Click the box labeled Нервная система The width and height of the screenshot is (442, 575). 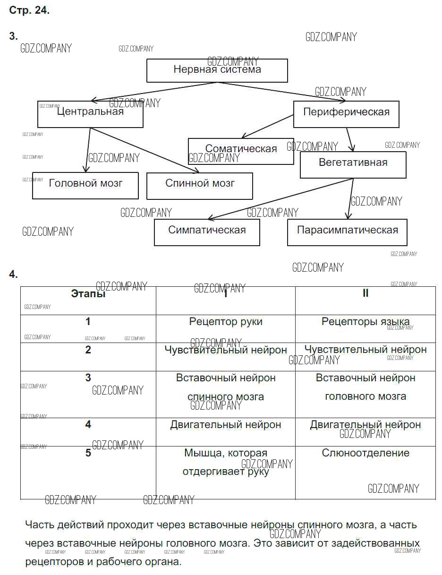coord(217,70)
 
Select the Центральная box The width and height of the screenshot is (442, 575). coord(90,114)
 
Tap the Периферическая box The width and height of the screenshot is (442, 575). coord(346,114)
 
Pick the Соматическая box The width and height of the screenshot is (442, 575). coord(241,151)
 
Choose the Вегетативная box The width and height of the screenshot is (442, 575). coord(353,165)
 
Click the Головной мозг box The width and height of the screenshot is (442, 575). coord(85,185)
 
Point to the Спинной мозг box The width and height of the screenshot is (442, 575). coord(200,186)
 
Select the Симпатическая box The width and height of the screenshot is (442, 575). coord(207,232)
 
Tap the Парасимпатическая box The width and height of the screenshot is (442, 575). coord(347,232)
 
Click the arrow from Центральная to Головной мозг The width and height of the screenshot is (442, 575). coord(88,150)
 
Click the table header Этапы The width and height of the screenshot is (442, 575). coord(88,294)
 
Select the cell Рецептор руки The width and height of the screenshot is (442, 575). coord(226,322)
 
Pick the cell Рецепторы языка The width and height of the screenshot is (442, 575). coord(365,322)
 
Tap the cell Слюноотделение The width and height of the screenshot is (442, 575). coord(365,453)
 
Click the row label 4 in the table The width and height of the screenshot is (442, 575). coord(88,425)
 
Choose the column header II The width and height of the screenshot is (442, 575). coord(365,293)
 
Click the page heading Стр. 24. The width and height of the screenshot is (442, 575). coord(29,11)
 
